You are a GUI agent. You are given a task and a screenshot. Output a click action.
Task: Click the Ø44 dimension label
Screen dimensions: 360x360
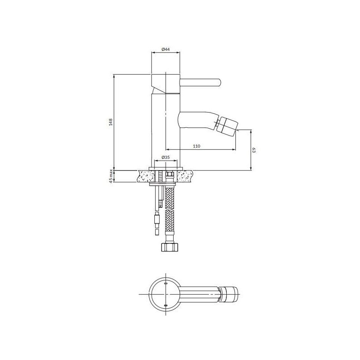[165, 49]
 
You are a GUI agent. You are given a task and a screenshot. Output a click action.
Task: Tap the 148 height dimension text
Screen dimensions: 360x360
[111, 122]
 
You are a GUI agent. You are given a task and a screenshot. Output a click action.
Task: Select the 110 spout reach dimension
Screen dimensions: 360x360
[197, 146]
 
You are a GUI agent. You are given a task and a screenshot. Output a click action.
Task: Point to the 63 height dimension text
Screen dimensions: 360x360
[254, 150]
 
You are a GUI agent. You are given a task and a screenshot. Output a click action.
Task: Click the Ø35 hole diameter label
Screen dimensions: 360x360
[166, 157]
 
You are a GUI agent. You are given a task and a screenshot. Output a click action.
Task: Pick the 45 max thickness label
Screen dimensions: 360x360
[111, 176]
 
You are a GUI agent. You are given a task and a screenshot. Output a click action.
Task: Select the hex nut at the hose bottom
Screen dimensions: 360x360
[169, 247]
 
